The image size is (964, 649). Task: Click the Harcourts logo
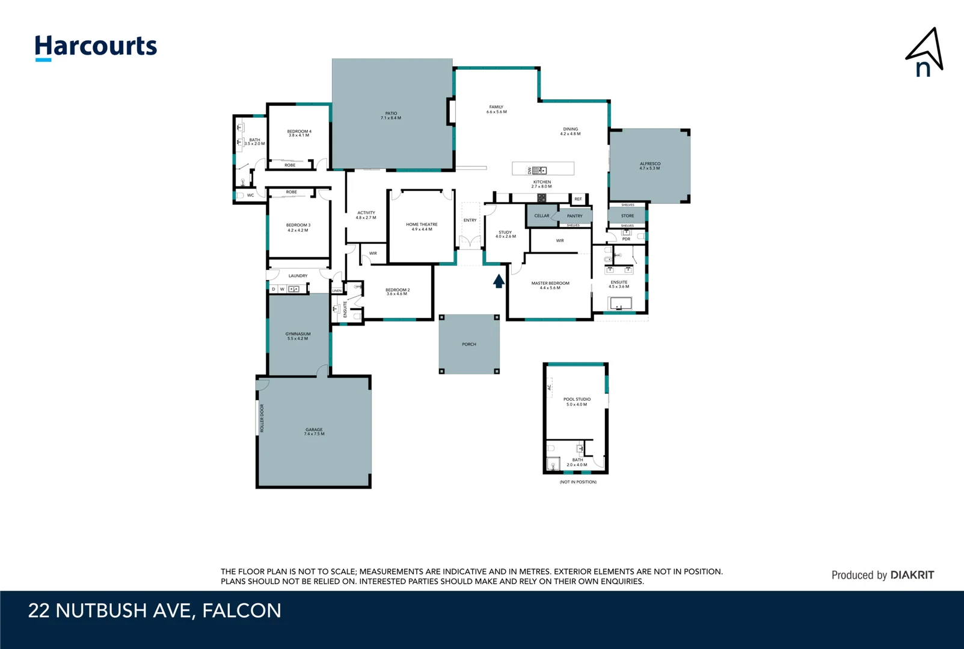coord(96,47)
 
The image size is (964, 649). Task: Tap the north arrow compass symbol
coord(925,53)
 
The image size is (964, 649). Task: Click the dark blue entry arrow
coord(499,281)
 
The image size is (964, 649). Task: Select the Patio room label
coord(391,115)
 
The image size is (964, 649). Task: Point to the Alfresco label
coord(649,166)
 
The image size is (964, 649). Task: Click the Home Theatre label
coord(422,227)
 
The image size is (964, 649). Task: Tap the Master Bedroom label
coord(550,285)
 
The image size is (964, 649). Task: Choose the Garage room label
coord(314,431)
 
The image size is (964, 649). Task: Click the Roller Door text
coord(262,418)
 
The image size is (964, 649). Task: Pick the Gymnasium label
coord(298,336)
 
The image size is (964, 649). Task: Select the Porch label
coord(469,344)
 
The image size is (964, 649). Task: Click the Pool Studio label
coord(577,401)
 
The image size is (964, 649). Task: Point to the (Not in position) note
coord(578,482)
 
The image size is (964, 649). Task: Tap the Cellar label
coord(541,216)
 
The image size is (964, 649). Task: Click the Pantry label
coord(574,216)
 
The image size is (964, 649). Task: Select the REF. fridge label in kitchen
coord(578,199)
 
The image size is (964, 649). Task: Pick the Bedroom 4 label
coord(299,133)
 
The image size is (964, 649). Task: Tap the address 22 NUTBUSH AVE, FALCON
coord(155,611)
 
